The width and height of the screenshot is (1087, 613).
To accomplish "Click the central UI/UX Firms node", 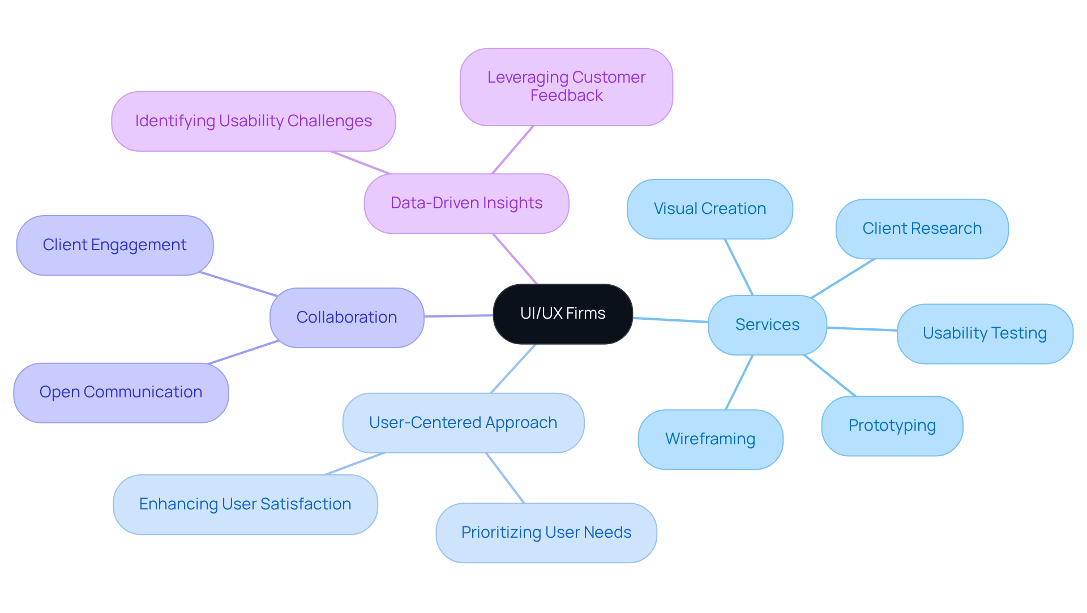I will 563,314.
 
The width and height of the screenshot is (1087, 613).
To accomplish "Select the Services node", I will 767,325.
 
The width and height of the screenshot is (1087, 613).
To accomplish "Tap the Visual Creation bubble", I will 709,209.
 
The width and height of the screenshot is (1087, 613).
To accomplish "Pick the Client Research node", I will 922,229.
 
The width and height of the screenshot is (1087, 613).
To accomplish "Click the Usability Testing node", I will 985,333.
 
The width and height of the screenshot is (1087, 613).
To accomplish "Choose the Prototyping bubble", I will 892,426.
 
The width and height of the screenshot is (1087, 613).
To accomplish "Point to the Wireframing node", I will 710,439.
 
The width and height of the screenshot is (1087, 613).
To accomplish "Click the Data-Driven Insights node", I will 466,203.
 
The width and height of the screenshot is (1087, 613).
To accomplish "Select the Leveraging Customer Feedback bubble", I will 566,87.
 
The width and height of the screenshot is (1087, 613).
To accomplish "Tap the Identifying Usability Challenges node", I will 253,121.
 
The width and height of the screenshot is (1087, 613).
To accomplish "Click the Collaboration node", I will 346,318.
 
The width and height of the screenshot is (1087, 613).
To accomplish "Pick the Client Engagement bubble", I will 114,245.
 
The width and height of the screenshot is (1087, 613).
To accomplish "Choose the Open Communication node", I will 121,392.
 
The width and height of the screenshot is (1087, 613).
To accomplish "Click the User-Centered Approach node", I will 463,423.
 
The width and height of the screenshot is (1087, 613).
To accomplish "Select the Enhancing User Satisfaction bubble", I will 245,504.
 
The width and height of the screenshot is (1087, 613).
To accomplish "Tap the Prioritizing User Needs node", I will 546,533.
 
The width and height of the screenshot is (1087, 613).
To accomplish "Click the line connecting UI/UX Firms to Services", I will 670,320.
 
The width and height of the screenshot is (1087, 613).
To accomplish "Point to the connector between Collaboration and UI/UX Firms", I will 459,316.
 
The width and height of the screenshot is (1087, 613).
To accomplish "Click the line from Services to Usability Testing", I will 862,329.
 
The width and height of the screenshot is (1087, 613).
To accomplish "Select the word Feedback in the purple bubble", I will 566,96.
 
